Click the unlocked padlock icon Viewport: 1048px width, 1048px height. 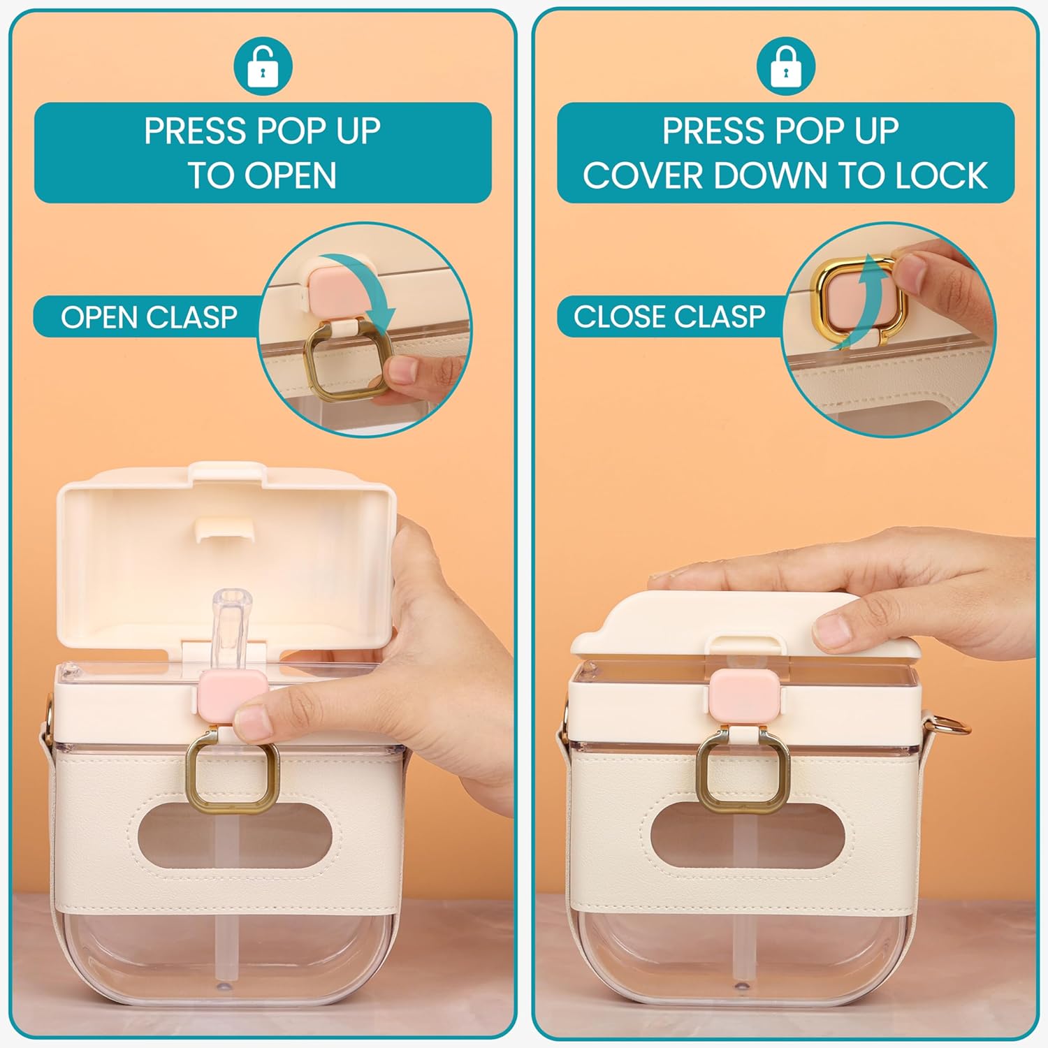262,66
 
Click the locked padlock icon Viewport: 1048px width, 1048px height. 785,66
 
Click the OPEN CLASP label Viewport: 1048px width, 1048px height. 149,317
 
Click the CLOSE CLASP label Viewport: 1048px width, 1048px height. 669,316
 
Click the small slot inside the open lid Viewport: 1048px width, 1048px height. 223,530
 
